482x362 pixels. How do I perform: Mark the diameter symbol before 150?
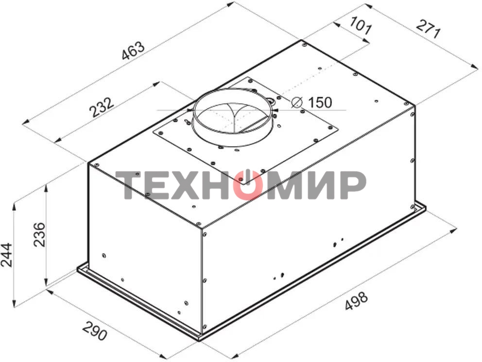coord(297,103)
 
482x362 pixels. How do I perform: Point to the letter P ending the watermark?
coord(351,185)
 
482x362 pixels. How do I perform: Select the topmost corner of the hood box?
coord(302,41)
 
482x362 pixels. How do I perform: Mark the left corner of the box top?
coord(88,163)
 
